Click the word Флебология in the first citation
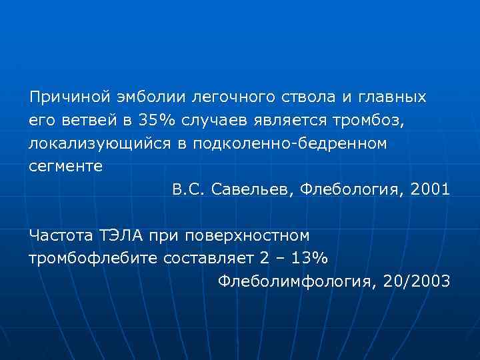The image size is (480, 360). pos(349,190)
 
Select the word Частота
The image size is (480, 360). pos(61,235)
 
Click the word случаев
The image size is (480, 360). pos(227,121)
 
